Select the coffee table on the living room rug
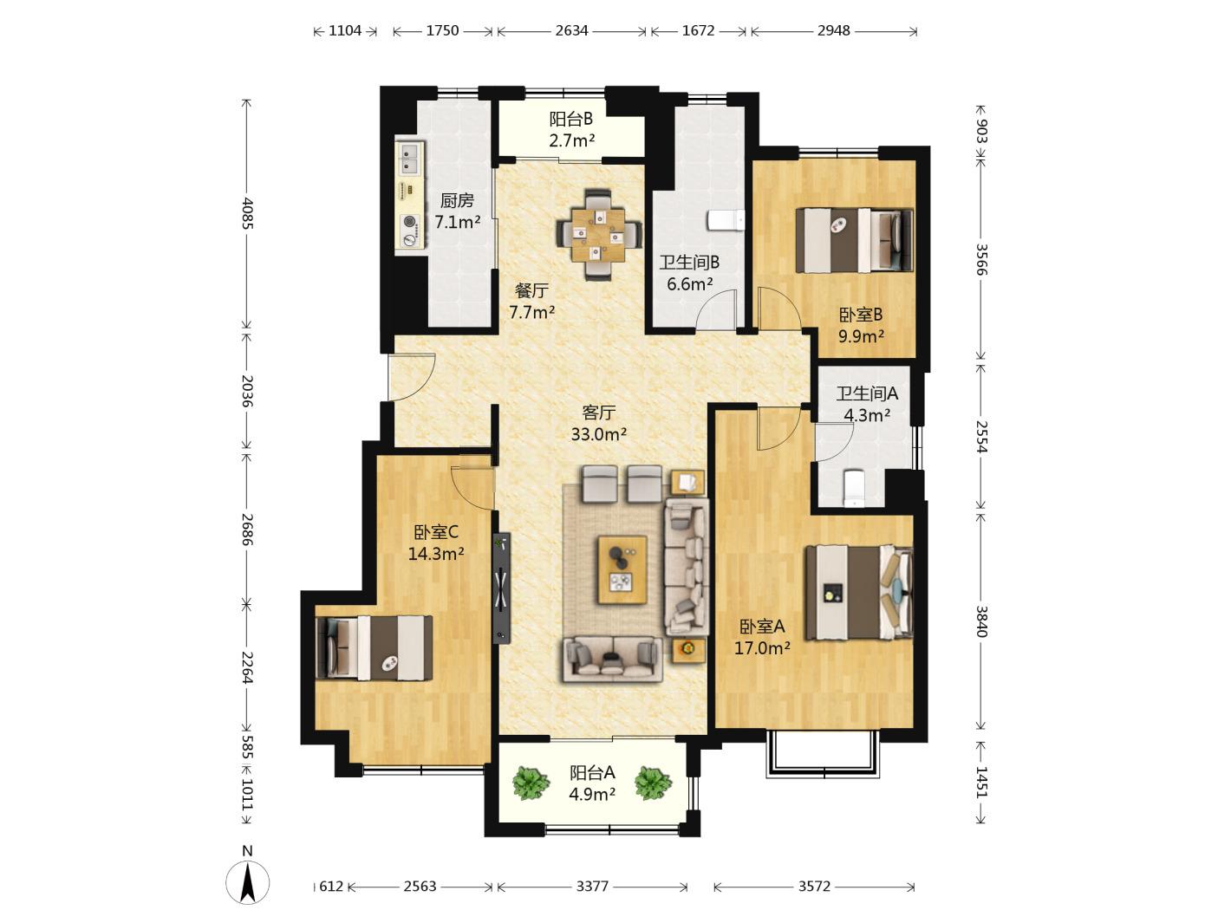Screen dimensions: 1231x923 pyautogui.click(x=622, y=569)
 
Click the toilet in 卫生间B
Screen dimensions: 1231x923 pyautogui.click(x=726, y=219)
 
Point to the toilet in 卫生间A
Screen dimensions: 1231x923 pyautogui.click(x=854, y=488)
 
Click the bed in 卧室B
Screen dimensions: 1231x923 pyautogui.click(x=855, y=240)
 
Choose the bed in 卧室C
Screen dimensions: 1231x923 pyautogui.click(x=374, y=648)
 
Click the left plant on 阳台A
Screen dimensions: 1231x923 pyautogui.click(x=530, y=783)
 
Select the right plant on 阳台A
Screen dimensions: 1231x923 pyautogui.click(x=653, y=783)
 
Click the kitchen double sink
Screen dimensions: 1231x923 pyautogui.click(x=411, y=158)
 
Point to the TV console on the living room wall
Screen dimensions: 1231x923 pyautogui.click(x=501, y=588)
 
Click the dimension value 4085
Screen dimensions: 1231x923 pyautogui.click(x=247, y=213)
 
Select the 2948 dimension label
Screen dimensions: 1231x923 pyautogui.click(x=833, y=30)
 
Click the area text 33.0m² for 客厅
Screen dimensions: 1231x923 pyautogui.click(x=598, y=434)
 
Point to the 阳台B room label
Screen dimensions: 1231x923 pyautogui.click(x=571, y=119)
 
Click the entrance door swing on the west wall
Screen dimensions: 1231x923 pyautogui.click(x=413, y=377)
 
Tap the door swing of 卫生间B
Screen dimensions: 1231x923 pyautogui.click(x=715, y=309)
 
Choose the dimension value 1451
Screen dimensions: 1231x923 pyautogui.click(x=980, y=782)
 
